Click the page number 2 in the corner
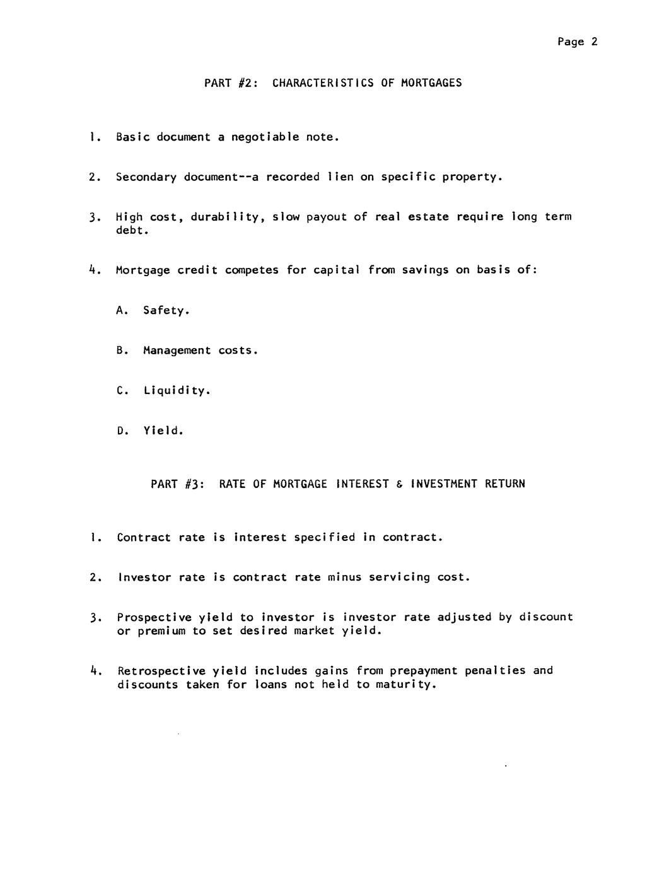click(x=594, y=42)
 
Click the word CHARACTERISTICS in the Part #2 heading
click(x=323, y=83)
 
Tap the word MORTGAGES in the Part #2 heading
click(x=431, y=83)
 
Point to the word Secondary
click(x=146, y=177)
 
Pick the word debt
click(x=131, y=231)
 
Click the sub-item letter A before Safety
click(x=121, y=310)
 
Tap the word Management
click(x=177, y=351)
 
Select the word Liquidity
click(x=175, y=391)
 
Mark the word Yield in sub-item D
click(x=162, y=431)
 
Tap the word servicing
click(x=399, y=577)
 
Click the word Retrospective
click(x=161, y=671)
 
